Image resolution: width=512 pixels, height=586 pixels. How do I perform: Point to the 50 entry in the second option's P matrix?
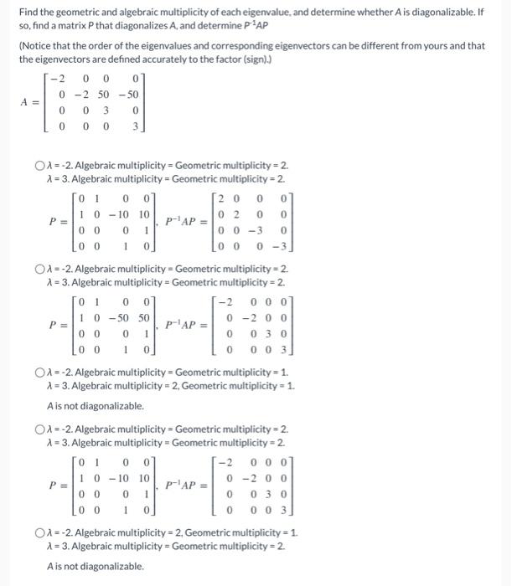coord(145,318)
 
